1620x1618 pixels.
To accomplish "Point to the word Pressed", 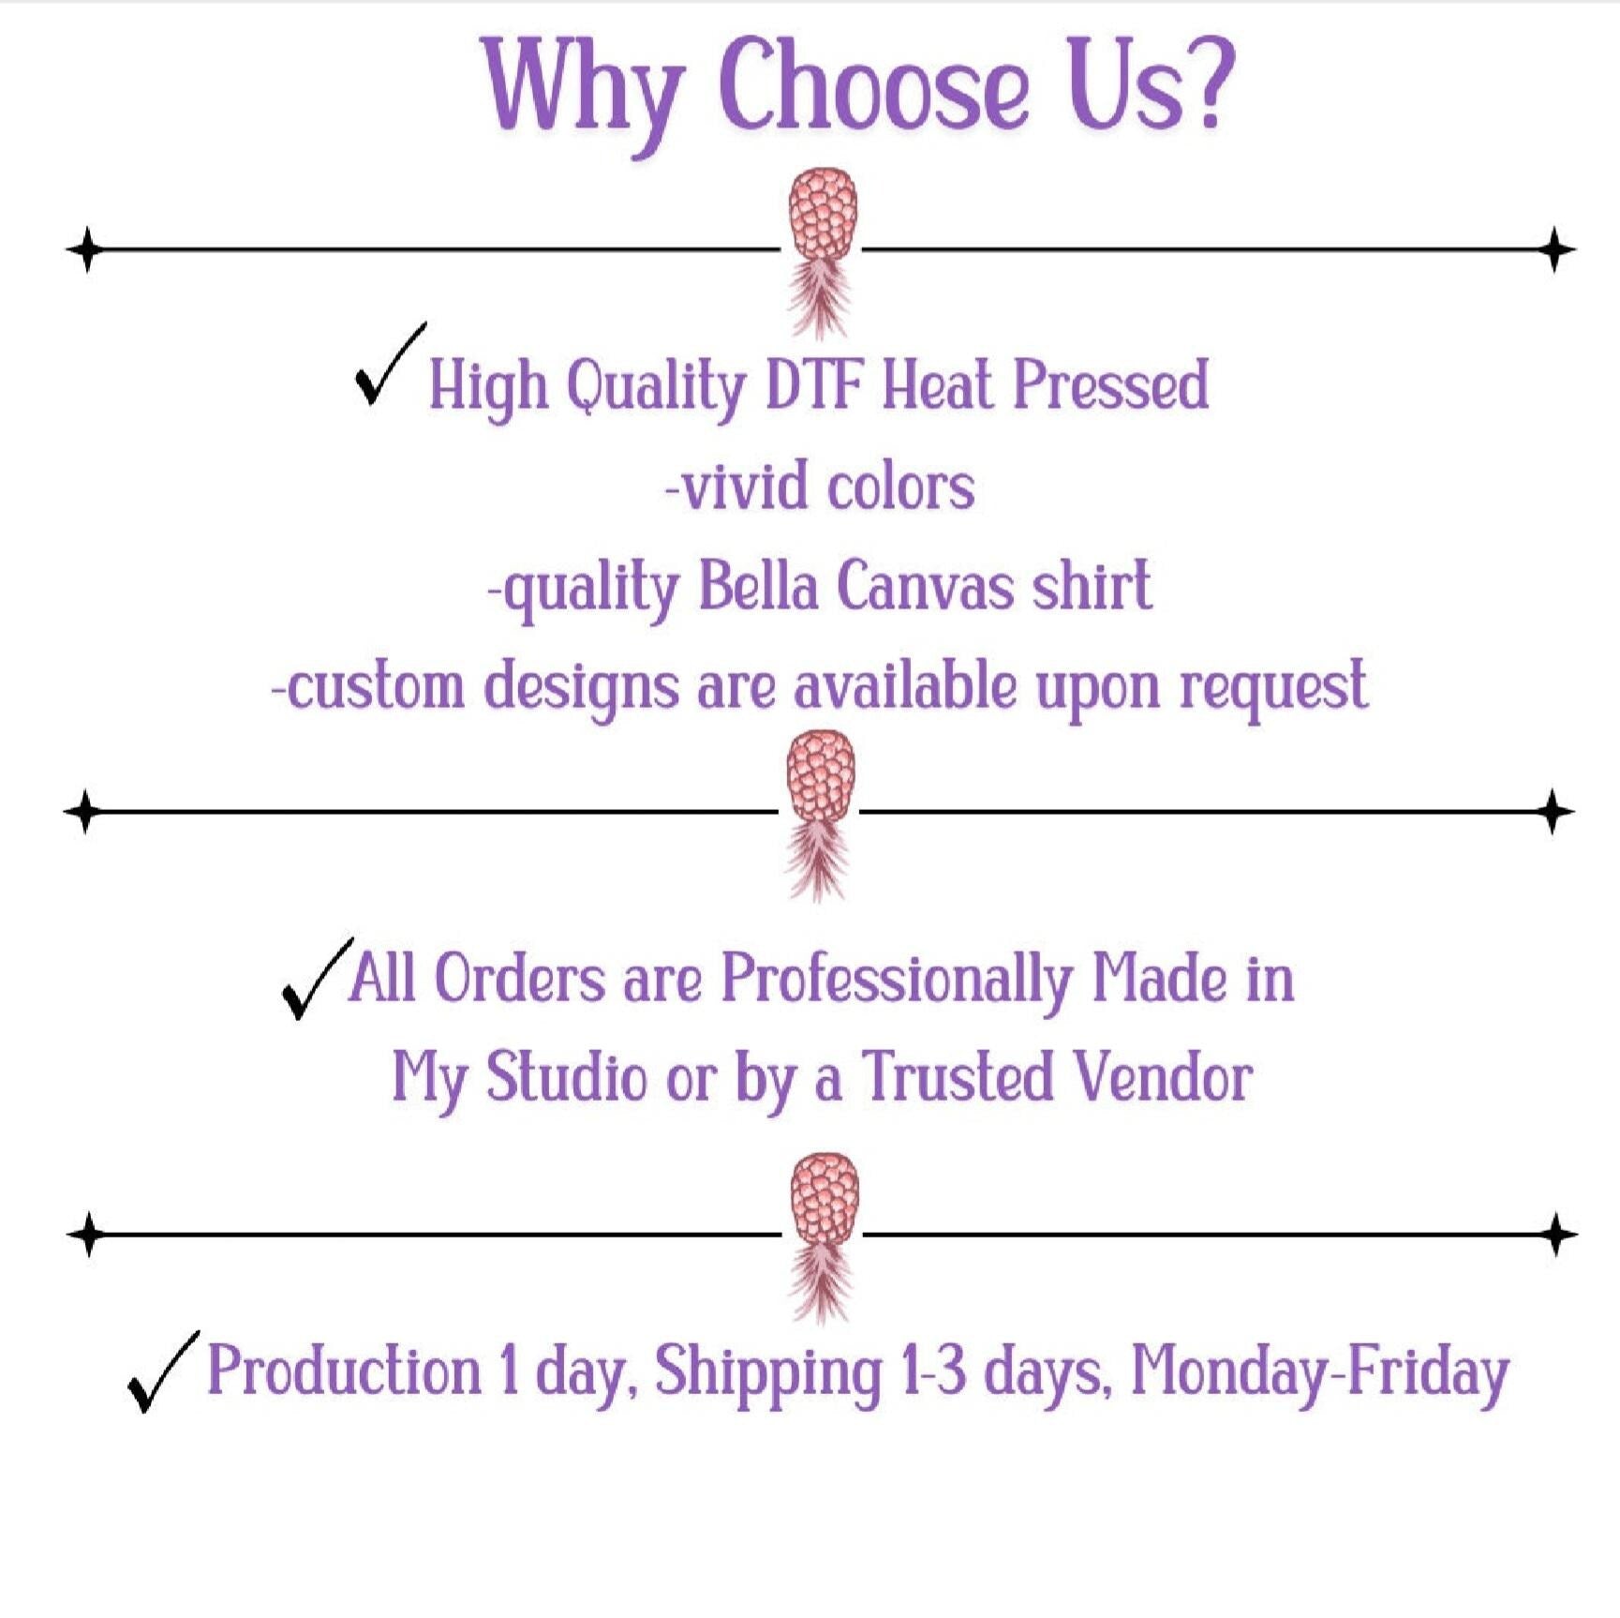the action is [x=1111, y=385].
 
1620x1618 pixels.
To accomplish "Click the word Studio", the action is [x=566, y=1076].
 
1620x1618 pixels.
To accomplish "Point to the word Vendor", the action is [x=1162, y=1077].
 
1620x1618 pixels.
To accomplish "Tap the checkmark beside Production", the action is [x=163, y=1371].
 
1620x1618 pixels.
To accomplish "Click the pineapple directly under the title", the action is [x=821, y=252].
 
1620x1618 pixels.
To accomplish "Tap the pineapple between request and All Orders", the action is [x=820, y=815].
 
